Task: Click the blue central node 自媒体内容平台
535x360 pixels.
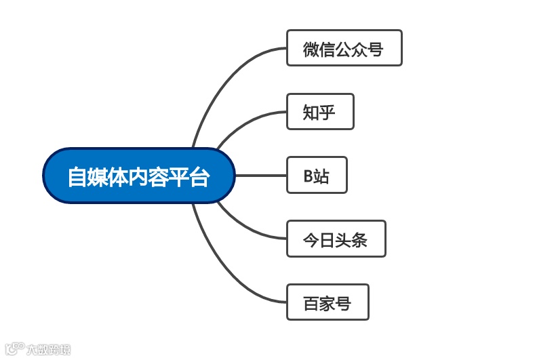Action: point(138,176)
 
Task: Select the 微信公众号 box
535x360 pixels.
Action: point(344,48)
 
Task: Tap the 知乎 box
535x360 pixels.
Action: point(320,112)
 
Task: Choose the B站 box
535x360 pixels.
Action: point(317,176)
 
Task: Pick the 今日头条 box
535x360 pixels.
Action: point(336,239)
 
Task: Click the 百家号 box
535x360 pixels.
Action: point(328,302)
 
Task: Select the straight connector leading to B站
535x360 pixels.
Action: point(260,176)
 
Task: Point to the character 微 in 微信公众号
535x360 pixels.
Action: point(311,49)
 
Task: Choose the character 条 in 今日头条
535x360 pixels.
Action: point(359,240)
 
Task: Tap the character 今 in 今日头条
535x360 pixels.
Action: point(311,240)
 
